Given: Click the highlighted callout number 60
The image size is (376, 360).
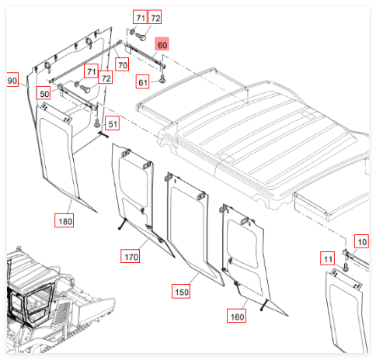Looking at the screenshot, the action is coord(162,44).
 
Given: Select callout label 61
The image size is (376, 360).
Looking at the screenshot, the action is coord(142,81).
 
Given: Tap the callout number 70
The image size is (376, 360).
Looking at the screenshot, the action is coord(122,64).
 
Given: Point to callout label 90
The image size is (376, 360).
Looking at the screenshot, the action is coord(12,80).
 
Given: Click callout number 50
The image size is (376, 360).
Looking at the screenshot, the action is coord(44,93).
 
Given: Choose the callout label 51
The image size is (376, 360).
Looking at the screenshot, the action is coord(113,123).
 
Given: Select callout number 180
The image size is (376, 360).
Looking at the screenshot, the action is coord(64,220).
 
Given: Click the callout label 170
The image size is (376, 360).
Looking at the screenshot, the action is coord(131,256).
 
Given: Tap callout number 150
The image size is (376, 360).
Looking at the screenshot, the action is coord(181,291).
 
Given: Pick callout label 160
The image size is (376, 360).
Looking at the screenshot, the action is coord(236,316).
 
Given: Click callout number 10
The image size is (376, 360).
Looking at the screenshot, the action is coord(361,241).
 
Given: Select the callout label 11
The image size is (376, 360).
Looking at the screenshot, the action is coord(328,258).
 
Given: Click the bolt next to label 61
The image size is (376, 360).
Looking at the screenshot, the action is coord(162,78).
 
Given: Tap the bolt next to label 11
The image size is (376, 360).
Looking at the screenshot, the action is coord(346,267).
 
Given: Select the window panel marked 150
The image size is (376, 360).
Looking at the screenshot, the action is coord(193,227).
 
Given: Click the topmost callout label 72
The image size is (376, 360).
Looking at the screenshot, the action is coord(155,17).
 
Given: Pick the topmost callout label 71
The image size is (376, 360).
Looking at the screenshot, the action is coord(140,17).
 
